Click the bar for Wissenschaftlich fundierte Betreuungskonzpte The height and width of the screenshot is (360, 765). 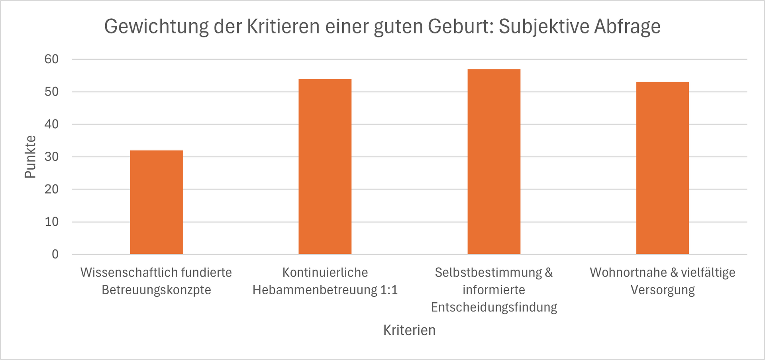[156, 202]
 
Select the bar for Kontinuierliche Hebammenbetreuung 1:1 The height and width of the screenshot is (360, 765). [325, 166]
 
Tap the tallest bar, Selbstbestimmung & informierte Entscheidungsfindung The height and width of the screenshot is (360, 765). [494, 162]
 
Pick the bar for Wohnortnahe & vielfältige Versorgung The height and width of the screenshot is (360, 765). [662, 168]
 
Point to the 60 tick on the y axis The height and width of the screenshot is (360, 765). [52, 59]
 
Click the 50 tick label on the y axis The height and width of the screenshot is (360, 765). [52, 92]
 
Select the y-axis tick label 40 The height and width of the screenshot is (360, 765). [52, 124]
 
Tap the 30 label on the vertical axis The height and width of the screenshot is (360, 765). [52, 157]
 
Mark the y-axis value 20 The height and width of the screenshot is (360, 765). [52, 189]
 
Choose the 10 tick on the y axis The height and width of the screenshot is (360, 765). [52, 222]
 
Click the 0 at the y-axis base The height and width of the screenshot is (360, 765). [55, 254]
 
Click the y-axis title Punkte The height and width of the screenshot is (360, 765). [30, 157]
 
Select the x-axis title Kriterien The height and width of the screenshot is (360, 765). [409, 330]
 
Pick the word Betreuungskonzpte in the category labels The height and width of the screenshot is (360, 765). [156, 290]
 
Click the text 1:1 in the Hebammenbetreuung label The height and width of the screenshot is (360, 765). [389, 290]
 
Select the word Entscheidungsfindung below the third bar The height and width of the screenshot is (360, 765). [494, 307]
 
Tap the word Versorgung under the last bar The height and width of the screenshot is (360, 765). [662, 290]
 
